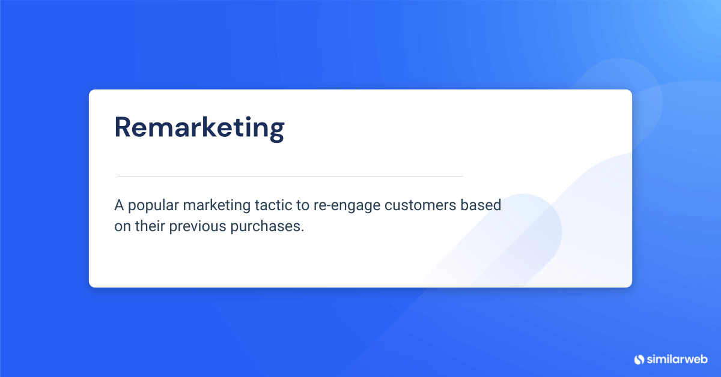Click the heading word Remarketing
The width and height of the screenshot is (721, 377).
pyautogui.click(x=199, y=128)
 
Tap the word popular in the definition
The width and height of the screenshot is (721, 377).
pyautogui.click(x=153, y=205)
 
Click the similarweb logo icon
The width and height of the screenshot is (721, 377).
pyautogui.click(x=639, y=359)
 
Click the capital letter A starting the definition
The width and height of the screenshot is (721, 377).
pyautogui.click(x=119, y=205)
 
